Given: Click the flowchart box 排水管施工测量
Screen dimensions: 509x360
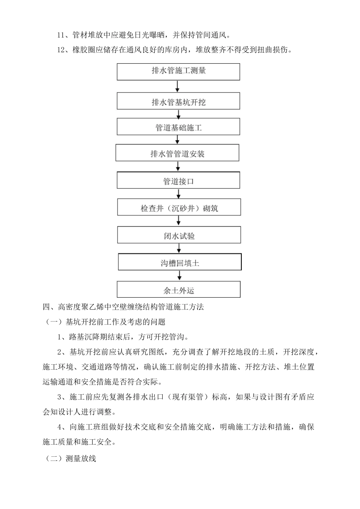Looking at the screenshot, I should click(178, 72).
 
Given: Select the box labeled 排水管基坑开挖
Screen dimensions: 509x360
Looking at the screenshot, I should click(178, 101).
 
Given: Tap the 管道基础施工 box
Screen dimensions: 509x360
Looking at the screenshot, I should click(178, 127).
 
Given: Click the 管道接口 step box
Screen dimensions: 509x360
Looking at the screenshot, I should click(178, 181).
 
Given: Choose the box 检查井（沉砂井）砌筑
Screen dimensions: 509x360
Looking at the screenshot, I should click(179, 208).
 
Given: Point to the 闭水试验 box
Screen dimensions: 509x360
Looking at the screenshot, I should click(179, 235).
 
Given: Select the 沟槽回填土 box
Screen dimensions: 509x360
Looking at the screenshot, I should click(180, 262).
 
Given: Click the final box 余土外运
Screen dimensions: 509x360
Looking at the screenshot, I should click(178, 290).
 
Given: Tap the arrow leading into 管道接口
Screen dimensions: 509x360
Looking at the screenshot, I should click(178, 167).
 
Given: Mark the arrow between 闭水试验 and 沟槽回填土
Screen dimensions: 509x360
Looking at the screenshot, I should click(179, 248).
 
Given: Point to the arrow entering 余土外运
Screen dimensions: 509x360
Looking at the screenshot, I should click(179, 275).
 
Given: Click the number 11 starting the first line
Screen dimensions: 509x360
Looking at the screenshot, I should click(61, 35).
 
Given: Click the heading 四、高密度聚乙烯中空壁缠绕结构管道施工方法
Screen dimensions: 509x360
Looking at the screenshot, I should click(124, 307).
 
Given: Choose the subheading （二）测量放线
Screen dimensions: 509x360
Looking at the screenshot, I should click(70, 459).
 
